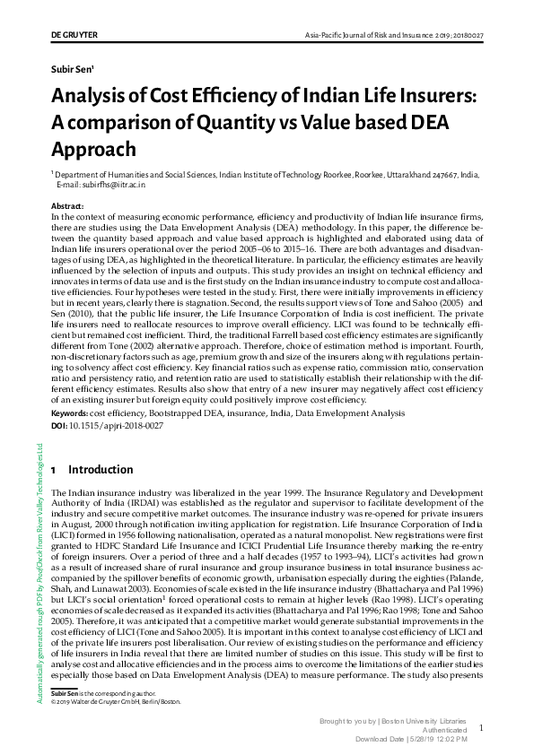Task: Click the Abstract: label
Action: pos(67,206)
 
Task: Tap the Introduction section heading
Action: pos(101,470)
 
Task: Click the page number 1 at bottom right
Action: pos(481,729)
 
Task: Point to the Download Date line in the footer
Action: pos(413,738)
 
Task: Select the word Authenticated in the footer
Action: pos(443,730)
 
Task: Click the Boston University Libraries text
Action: pos(428,721)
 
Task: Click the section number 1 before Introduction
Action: pos(55,470)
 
